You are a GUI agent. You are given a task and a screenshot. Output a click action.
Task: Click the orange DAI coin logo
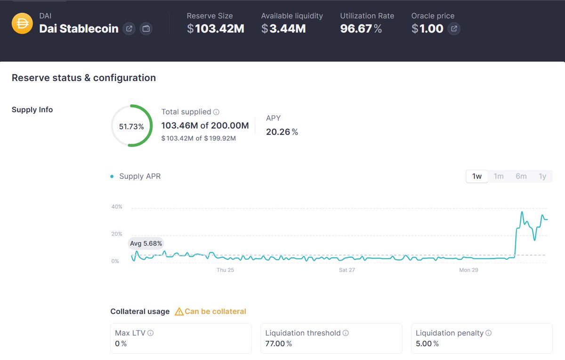coord(22,23)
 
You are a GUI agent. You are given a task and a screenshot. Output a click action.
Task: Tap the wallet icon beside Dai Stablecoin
coord(146,29)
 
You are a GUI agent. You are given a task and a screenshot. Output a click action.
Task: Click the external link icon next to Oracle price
coord(454,29)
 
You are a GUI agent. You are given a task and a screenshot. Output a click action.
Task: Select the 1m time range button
coord(499,176)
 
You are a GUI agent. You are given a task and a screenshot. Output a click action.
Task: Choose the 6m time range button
coord(521,176)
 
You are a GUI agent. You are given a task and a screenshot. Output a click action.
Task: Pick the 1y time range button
coord(542,176)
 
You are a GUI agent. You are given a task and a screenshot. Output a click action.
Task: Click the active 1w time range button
coord(476,176)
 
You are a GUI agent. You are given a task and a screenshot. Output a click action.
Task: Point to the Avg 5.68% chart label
coord(146,243)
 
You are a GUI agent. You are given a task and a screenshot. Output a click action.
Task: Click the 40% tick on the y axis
coord(117,206)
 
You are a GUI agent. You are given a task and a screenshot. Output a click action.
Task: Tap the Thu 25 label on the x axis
coord(225,270)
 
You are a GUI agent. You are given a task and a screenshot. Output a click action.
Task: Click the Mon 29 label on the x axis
coord(468,270)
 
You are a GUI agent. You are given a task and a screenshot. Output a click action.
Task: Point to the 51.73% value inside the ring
coord(131,126)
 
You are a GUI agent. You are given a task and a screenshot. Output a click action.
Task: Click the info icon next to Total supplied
coord(216,112)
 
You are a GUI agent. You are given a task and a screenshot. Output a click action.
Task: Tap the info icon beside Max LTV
coord(150,333)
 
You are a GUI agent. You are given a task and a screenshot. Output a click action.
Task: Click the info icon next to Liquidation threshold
coord(346,333)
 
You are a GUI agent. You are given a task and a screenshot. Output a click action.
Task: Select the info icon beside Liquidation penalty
coord(488,333)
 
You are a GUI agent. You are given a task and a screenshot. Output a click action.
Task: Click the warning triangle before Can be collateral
coord(179,311)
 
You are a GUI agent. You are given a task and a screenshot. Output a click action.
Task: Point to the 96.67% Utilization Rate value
coord(361,29)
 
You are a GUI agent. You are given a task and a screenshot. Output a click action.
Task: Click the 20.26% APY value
coord(282,132)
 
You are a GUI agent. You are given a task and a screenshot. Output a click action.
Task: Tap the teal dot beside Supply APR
coord(112,176)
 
